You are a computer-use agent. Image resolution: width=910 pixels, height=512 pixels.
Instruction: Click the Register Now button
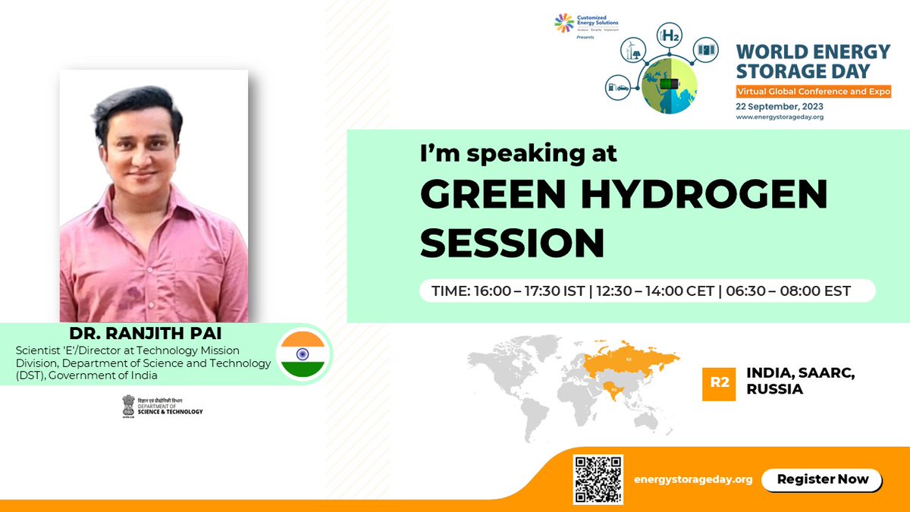coord(821,479)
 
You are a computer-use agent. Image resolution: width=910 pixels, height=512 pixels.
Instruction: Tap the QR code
coord(598,479)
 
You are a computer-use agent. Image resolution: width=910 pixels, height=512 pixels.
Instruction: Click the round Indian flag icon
coord(303,354)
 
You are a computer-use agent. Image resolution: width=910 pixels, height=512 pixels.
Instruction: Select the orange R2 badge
coord(719,383)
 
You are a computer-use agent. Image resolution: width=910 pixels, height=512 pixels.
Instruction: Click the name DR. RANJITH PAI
coord(146,335)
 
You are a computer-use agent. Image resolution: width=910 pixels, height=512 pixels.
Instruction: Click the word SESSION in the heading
coord(512,243)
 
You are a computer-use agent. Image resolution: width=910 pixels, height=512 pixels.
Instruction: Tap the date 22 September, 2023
coord(779,106)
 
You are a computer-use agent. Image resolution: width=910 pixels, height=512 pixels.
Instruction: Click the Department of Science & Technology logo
coord(162,406)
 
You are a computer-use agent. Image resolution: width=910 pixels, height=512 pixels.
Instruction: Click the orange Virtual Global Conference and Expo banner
coord(813,91)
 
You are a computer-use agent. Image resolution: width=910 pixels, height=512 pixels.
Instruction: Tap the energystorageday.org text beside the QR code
coord(693,479)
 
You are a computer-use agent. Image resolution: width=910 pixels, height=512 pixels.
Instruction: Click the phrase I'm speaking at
coord(519,154)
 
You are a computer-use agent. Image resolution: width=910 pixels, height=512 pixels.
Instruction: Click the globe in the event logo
coord(665,85)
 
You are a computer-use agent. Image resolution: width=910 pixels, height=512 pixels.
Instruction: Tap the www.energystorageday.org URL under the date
coord(780,117)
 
